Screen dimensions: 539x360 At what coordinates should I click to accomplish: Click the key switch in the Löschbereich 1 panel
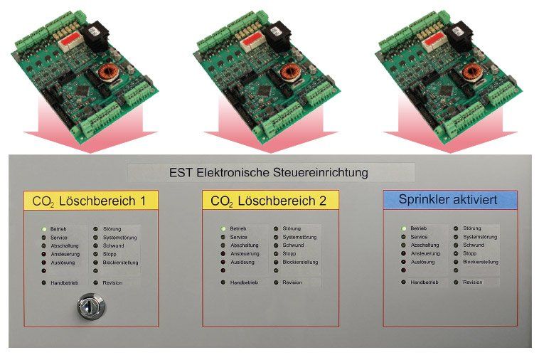click(90, 305)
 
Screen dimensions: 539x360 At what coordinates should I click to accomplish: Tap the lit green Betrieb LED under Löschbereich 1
click(44, 229)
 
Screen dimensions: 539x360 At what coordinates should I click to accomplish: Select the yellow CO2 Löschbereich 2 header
click(270, 201)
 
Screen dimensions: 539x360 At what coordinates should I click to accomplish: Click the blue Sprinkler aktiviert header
click(450, 200)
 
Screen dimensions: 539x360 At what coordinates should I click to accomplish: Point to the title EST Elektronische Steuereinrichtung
click(269, 172)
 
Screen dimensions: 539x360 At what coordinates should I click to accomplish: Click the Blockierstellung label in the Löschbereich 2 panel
click(300, 262)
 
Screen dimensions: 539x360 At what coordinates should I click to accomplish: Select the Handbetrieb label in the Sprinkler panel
click(425, 282)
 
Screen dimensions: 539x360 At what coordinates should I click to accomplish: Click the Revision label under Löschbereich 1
click(112, 283)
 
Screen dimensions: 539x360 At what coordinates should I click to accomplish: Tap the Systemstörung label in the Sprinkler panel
click(480, 237)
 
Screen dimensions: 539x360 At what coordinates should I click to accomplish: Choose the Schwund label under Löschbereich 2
click(293, 245)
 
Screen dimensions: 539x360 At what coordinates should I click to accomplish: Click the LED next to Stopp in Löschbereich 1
click(95, 255)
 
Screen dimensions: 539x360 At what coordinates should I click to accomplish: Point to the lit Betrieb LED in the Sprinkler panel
click(404, 228)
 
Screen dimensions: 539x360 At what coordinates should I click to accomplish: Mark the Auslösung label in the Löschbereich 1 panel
click(63, 263)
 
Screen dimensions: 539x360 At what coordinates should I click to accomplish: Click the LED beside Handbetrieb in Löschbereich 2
click(223, 282)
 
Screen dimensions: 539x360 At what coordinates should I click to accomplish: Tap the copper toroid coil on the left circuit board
click(107, 73)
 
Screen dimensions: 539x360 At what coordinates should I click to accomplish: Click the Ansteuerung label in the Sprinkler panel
click(425, 253)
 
